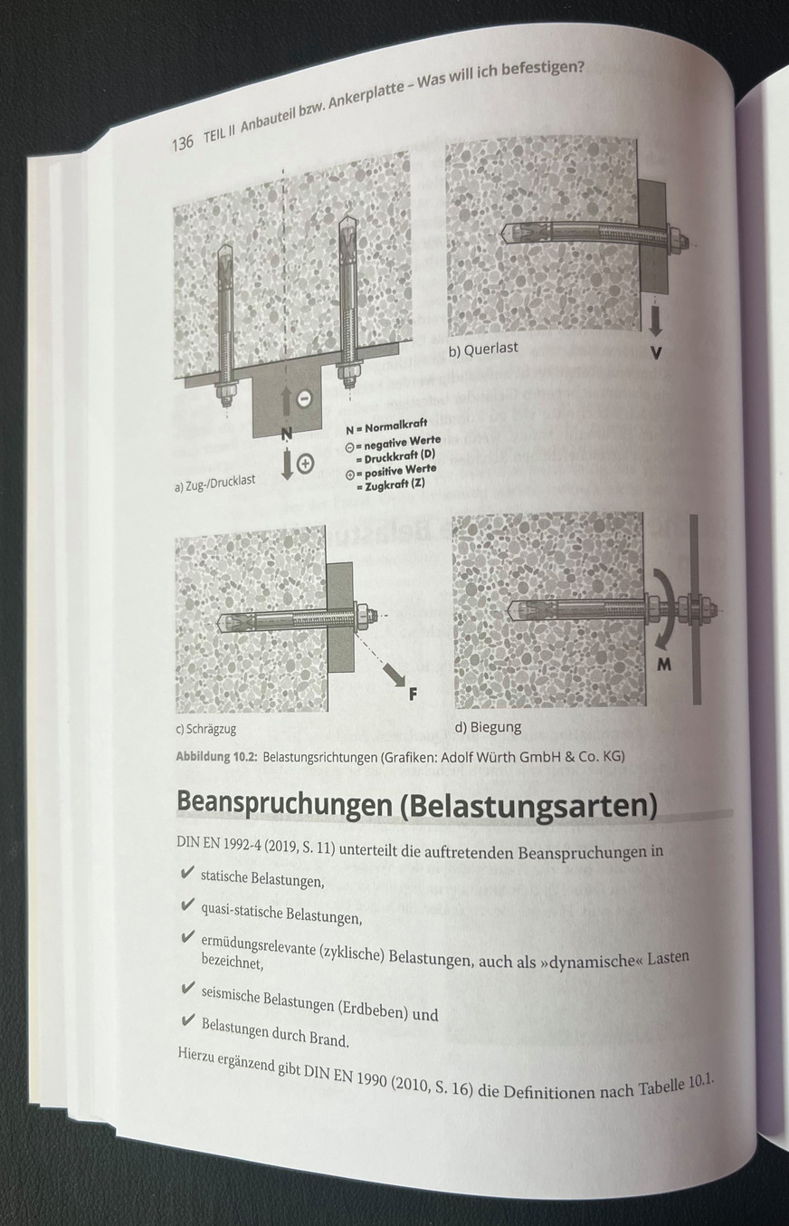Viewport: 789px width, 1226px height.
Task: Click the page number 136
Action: [182, 142]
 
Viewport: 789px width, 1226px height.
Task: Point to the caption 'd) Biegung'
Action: [488, 727]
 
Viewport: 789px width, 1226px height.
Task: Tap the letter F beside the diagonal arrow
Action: [414, 695]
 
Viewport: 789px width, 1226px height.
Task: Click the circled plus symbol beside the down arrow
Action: [305, 464]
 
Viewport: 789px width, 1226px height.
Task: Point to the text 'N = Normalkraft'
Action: [386, 424]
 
